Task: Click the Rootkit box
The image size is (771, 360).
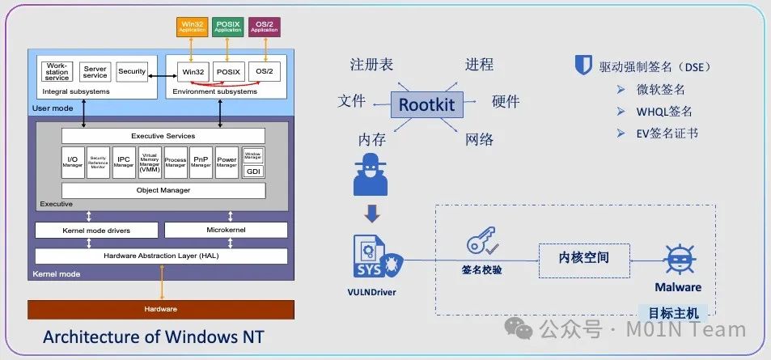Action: [426, 104]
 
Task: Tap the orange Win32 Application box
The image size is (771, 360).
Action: [193, 27]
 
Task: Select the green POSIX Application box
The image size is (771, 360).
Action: [228, 27]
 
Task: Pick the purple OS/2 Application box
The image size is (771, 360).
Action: [264, 27]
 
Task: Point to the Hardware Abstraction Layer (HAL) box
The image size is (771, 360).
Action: [161, 256]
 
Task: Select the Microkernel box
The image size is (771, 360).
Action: [226, 230]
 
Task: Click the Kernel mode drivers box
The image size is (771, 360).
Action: [96, 230]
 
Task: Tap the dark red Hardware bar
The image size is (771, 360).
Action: [161, 309]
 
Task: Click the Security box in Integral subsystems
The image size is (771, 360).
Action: [132, 71]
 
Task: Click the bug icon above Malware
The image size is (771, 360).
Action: [677, 259]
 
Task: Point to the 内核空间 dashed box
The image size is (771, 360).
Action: [583, 258]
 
